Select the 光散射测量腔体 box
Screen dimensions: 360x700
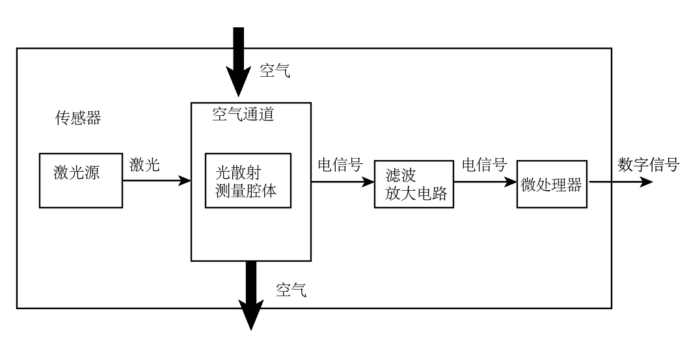pyautogui.click(x=247, y=180)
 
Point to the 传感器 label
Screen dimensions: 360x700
pyautogui.click(x=78, y=118)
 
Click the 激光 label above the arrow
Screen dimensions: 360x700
pyautogui.click(x=144, y=165)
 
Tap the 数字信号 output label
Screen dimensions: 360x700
pyautogui.click(x=648, y=165)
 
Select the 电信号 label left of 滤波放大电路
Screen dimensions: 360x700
pyautogui.click(x=340, y=165)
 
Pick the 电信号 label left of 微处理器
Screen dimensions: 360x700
pyautogui.click(x=484, y=165)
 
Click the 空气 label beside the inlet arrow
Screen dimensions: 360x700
pyautogui.click(x=275, y=71)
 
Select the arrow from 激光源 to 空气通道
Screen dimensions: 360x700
pyautogui.click(x=156, y=182)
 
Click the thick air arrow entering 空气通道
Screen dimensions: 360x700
pyautogui.click(x=239, y=65)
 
